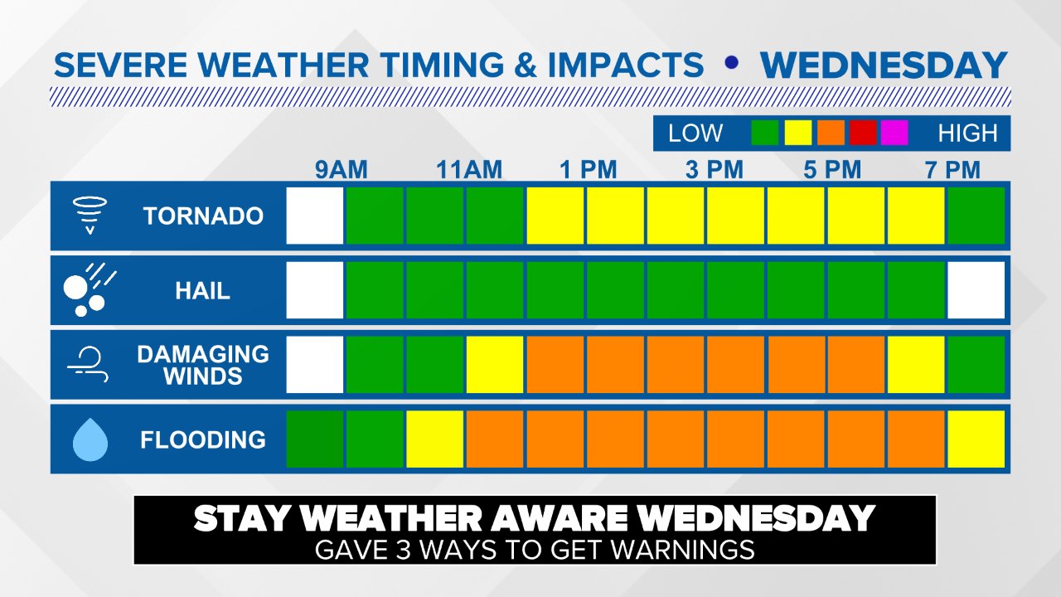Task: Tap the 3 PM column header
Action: point(714,171)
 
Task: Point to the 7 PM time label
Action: point(952,171)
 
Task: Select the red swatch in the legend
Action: point(863,133)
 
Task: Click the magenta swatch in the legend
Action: point(894,133)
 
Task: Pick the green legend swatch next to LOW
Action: point(764,133)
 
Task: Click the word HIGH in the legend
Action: point(967,133)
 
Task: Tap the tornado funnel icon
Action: point(87,216)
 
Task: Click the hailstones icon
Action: point(89,290)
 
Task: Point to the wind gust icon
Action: point(86,365)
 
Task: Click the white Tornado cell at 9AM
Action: point(315,216)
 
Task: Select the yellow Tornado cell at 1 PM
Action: point(555,216)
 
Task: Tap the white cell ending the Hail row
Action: point(976,290)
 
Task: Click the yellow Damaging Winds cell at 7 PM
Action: point(916,365)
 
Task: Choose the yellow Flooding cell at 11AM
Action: point(435,439)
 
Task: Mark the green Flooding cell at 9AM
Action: point(315,439)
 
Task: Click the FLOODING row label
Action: point(203,439)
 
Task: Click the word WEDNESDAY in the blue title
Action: point(884,66)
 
